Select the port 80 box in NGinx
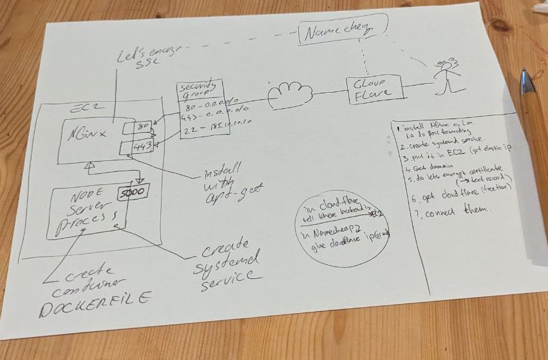click(x=142, y=127)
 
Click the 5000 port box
click(x=133, y=192)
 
